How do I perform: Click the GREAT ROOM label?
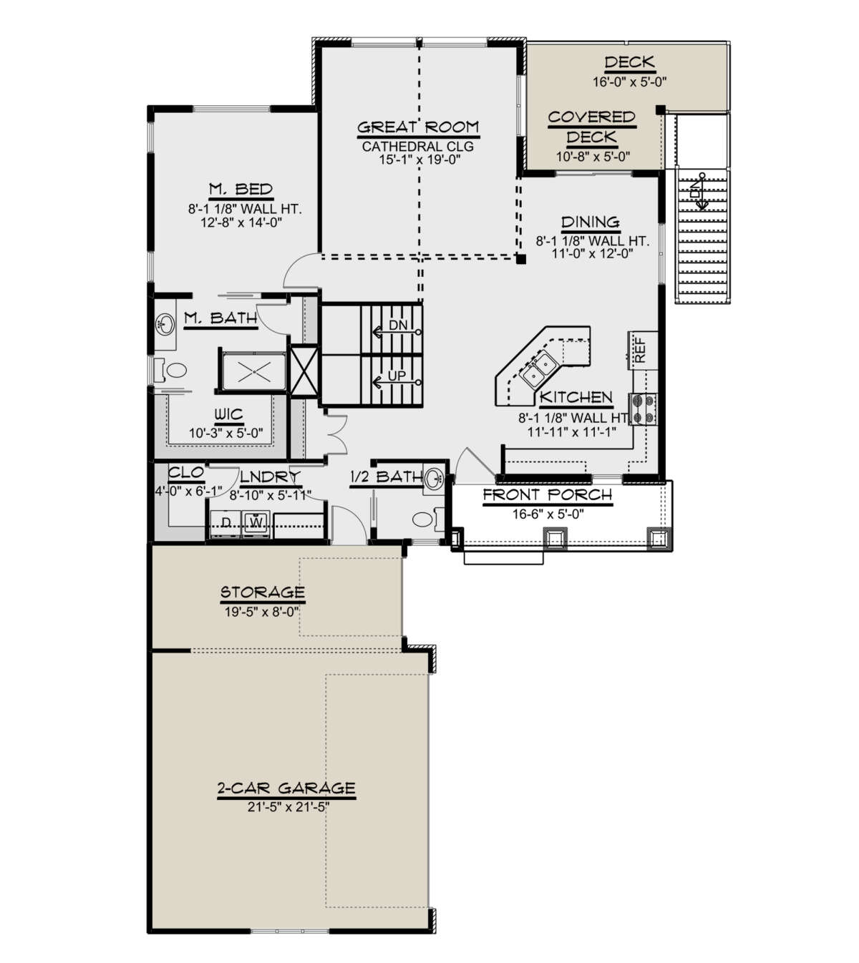point(418,127)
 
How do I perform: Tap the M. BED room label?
point(241,189)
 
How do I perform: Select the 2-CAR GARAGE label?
point(286,788)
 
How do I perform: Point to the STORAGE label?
point(263,592)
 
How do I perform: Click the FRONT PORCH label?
point(548,495)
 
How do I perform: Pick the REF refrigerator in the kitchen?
point(643,350)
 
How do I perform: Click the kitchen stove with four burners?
point(643,409)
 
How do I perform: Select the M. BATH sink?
point(165,325)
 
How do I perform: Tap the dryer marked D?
point(226,523)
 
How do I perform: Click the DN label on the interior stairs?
point(397,325)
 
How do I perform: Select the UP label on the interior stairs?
point(397,376)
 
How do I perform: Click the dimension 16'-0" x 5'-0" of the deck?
point(629,82)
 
